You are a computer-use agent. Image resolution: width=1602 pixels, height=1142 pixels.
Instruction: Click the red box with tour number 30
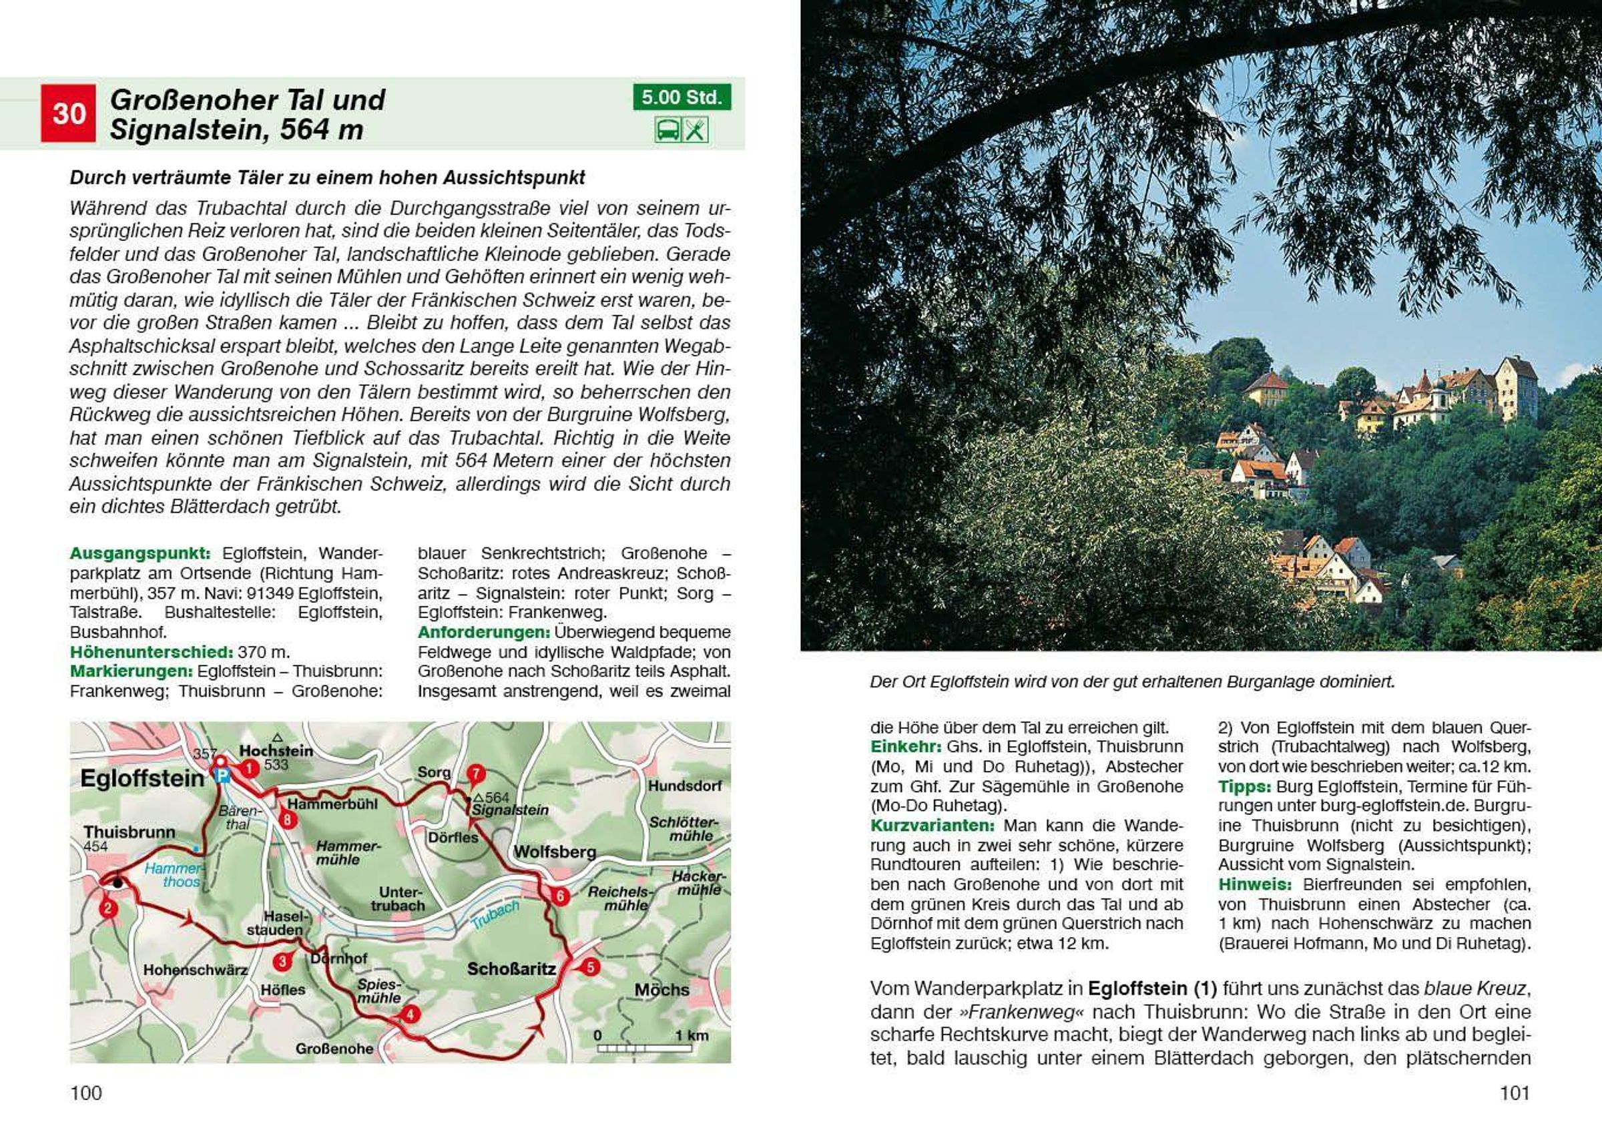(x=68, y=113)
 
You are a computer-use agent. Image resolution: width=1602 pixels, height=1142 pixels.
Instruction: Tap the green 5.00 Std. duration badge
(x=681, y=97)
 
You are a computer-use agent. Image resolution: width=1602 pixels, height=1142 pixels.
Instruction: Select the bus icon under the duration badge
(x=667, y=130)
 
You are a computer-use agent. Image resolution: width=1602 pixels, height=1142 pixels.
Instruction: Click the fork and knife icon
(x=695, y=130)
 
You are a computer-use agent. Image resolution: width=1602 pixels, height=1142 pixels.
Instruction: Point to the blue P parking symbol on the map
(x=223, y=776)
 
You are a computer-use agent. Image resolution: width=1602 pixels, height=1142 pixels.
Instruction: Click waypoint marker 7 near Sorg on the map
(x=476, y=774)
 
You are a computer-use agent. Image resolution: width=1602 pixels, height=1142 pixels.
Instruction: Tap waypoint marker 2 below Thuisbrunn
(x=107, y=908)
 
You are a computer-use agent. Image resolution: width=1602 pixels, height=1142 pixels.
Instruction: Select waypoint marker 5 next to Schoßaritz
(x=590, y=967)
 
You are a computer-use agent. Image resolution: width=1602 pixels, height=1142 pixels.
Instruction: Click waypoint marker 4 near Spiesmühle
(x=409, y=1014)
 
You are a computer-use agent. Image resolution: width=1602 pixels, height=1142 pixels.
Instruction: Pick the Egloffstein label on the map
(x=142, y=778)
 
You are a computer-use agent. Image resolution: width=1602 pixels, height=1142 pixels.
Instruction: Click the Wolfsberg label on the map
(x=555, y=852)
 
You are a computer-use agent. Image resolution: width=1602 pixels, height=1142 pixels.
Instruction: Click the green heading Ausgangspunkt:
(x=140, y=553)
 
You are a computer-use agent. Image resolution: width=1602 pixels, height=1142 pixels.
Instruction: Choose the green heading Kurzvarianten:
(x=932, y=825)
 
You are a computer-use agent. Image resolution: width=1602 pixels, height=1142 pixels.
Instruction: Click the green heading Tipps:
(x=1244, y=786)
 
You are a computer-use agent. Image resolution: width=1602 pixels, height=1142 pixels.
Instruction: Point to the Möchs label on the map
(x=661, y=990)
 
